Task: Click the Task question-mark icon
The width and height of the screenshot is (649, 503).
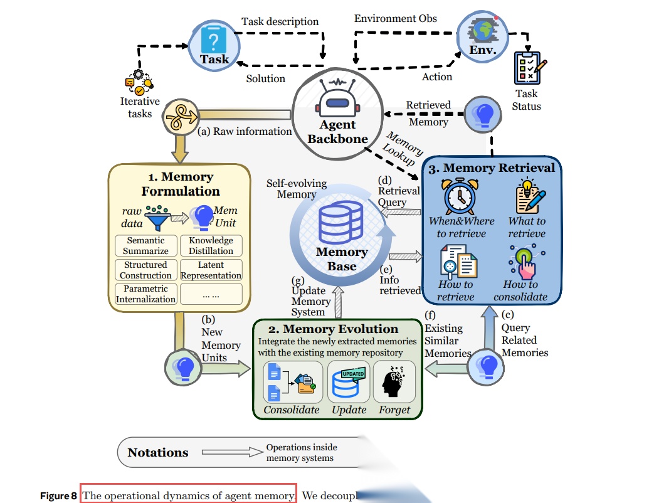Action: pyautogui.click(x=213, y=41)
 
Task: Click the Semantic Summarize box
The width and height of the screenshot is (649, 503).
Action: pyautogui.click(x=145, y=245)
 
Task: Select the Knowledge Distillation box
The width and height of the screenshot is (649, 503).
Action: pyautogui.click(x=211, y=245)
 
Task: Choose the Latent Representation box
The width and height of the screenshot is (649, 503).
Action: pyautogui.click(x=211, y=270)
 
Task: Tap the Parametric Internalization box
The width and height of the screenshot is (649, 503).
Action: pyautogui.click(x=145, y=294)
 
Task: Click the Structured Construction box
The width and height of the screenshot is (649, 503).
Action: pyautogui.click(x=145, y=270)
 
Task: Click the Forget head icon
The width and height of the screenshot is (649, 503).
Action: pyautogui.click(x=394, y=383)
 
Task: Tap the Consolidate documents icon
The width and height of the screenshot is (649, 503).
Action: pyautogui.click(x=291, y=383)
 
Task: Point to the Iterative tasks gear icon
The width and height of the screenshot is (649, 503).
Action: pyautogui.click(x=139, y=83)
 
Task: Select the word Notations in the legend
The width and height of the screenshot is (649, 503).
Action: pyautogui.click(x=158, y=452)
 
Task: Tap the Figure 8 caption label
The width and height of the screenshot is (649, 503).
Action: pyautogui.click(x=58, y=495)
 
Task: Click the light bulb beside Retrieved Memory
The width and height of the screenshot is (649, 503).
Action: pyautogui.click(x=484, y=114)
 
